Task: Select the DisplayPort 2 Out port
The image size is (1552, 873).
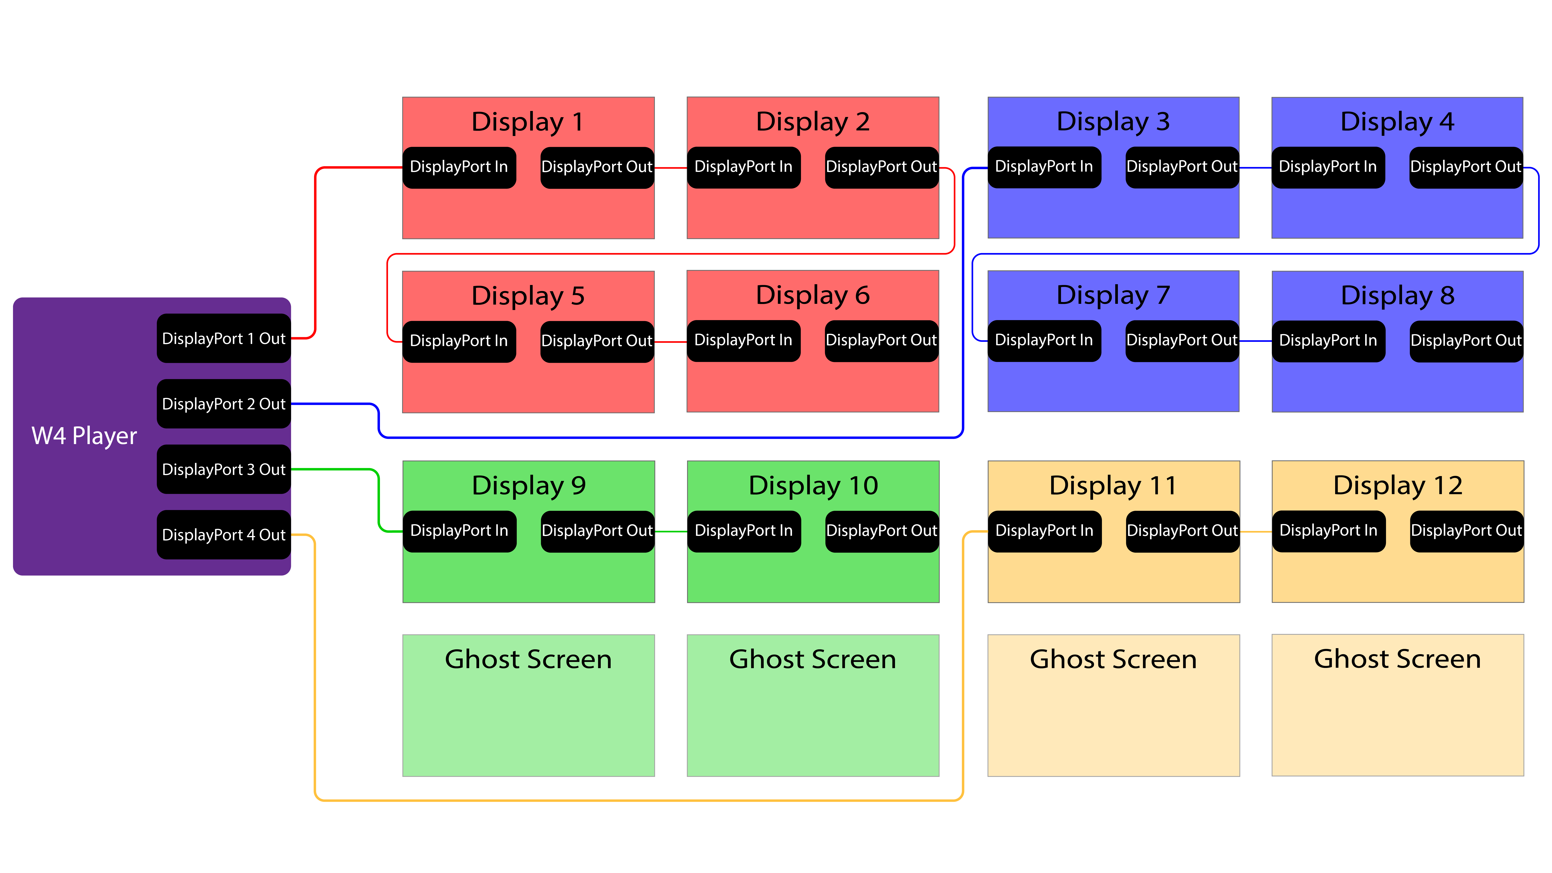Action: [x=223, y=404]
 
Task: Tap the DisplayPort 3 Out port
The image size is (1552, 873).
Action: [x=223, y=469]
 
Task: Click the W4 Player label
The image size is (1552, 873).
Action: [x=84, y=436]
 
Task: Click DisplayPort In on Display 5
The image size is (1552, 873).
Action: [x=459, y=341]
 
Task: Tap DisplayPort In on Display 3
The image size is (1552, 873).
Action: [x=1044, y=167]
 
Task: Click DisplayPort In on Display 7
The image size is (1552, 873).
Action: [x=1044, y=340]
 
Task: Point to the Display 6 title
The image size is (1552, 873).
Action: [x=813, y=295]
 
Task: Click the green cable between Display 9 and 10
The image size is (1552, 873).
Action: [x=671, y=531]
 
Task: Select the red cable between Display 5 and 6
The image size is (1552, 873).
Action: [x=671, y=342]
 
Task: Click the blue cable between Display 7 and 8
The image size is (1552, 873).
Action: [x=1256, y=341]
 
